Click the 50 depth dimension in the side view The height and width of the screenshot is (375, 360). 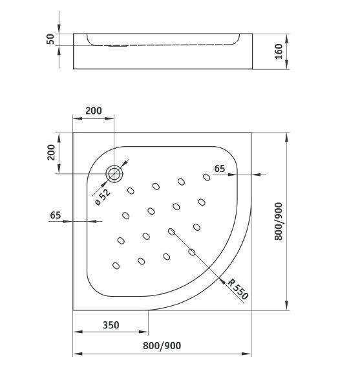[49, 39]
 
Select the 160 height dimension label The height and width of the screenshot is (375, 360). [279, 50]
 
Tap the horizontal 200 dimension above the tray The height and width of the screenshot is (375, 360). [94, 110]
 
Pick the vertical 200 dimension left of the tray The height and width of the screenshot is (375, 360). [49, 153]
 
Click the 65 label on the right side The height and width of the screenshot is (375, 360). [220, 169]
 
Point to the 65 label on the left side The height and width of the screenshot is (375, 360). [56, 215]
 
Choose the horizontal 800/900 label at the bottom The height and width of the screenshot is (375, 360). [162, 346]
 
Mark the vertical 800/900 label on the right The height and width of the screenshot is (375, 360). [279, 222]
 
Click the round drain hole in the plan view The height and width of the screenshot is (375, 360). [115, 173]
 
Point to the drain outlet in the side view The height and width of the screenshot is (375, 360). [118, 45]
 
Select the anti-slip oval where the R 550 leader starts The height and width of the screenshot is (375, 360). [171, 231]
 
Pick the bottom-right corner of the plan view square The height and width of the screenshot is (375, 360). [252, 310]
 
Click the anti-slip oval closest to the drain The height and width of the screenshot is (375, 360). [131, 191]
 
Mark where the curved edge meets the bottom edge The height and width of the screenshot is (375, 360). [150, 310]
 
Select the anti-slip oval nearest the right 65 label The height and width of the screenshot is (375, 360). [206, 177]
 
